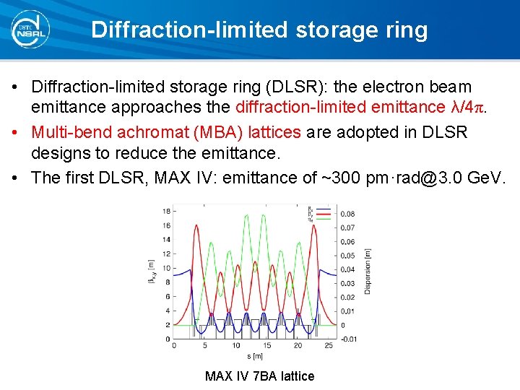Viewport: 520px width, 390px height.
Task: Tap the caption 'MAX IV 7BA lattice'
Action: [x=260, y=376]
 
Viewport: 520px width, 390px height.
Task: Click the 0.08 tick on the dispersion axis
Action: [x=347, y=214]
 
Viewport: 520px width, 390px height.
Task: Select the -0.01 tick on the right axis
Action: [x=348, y=339]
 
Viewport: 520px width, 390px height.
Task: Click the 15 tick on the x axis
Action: [x=266, y=346]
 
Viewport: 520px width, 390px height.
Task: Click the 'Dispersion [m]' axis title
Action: [x=368, y=271]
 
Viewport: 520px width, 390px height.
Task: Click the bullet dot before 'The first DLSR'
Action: [x=16, y=178]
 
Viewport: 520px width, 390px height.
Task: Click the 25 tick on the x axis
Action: [x=329, y=346]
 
